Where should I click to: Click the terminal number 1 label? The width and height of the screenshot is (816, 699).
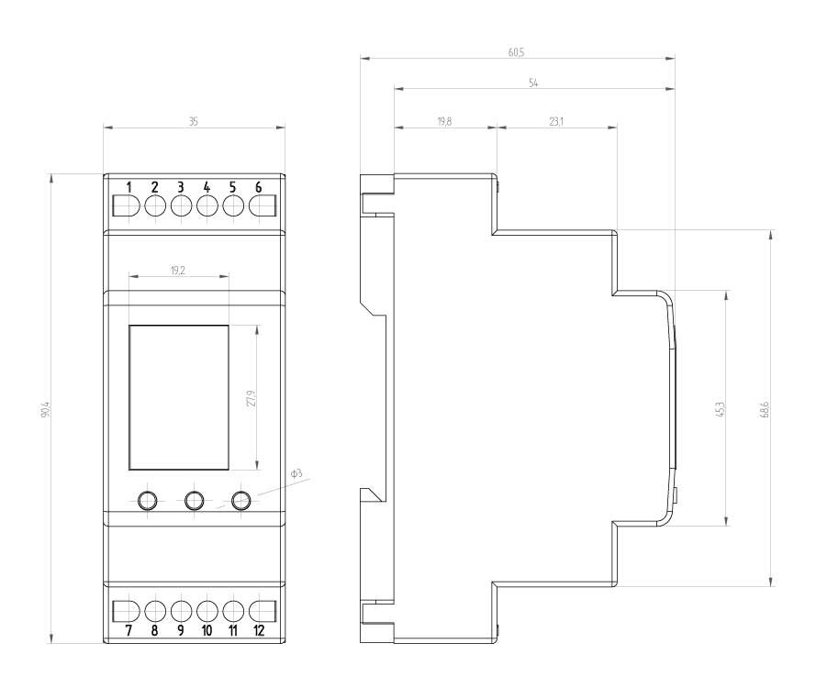coord(129,187)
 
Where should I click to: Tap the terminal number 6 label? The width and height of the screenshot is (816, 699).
coord(259,187)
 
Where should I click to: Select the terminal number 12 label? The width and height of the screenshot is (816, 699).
coord(259,631)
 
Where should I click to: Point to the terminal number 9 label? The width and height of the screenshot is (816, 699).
coord(181,631)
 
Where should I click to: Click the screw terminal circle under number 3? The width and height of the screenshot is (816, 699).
coord(181,206)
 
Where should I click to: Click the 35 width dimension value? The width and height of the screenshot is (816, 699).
coord(193,122)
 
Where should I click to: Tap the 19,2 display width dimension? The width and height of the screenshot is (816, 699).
coord(178,271)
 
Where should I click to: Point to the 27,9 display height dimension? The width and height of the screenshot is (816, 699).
coord(252,398)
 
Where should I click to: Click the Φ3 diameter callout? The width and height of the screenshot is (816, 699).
coord(296,474)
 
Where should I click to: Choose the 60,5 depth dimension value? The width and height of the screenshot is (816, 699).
coord(516,52)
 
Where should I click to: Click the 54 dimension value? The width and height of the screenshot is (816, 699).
coord(533,83)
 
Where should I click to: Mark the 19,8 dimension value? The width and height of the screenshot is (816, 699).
coord(444,122)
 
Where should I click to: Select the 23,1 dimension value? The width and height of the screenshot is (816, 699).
coord(556,122)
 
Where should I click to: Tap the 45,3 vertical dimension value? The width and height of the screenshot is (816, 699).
coord(721,409)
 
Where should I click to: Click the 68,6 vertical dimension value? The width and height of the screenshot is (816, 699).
coord(766,409)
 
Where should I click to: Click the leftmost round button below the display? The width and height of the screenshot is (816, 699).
coord(147,501)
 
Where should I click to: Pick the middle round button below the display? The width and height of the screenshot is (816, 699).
coord(194,501)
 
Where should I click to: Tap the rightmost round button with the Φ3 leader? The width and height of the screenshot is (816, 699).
coord(241,501)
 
